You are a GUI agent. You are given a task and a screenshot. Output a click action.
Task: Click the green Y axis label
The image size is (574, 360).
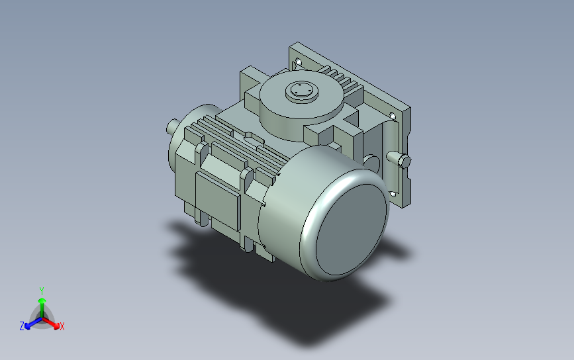(42, 291)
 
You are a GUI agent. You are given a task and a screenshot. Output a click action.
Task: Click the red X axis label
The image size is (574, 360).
(62, 326)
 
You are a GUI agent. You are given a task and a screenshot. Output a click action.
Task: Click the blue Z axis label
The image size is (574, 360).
(22, 326)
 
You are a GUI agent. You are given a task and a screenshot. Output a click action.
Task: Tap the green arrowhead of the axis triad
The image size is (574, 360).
(42, 301)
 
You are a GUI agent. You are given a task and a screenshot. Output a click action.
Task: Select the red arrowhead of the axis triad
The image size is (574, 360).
(56, 325)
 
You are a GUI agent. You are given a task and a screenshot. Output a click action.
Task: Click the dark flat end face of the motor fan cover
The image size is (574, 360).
(352, 230)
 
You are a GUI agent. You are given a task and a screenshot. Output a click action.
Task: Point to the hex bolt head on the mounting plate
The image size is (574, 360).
(404, 161)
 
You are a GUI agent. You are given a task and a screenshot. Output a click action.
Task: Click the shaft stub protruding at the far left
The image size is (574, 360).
(171, 126)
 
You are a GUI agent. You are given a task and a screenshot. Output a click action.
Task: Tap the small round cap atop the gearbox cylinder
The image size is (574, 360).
(302, 91)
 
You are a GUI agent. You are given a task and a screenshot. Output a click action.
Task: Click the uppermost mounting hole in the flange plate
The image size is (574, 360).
(299, 62)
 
